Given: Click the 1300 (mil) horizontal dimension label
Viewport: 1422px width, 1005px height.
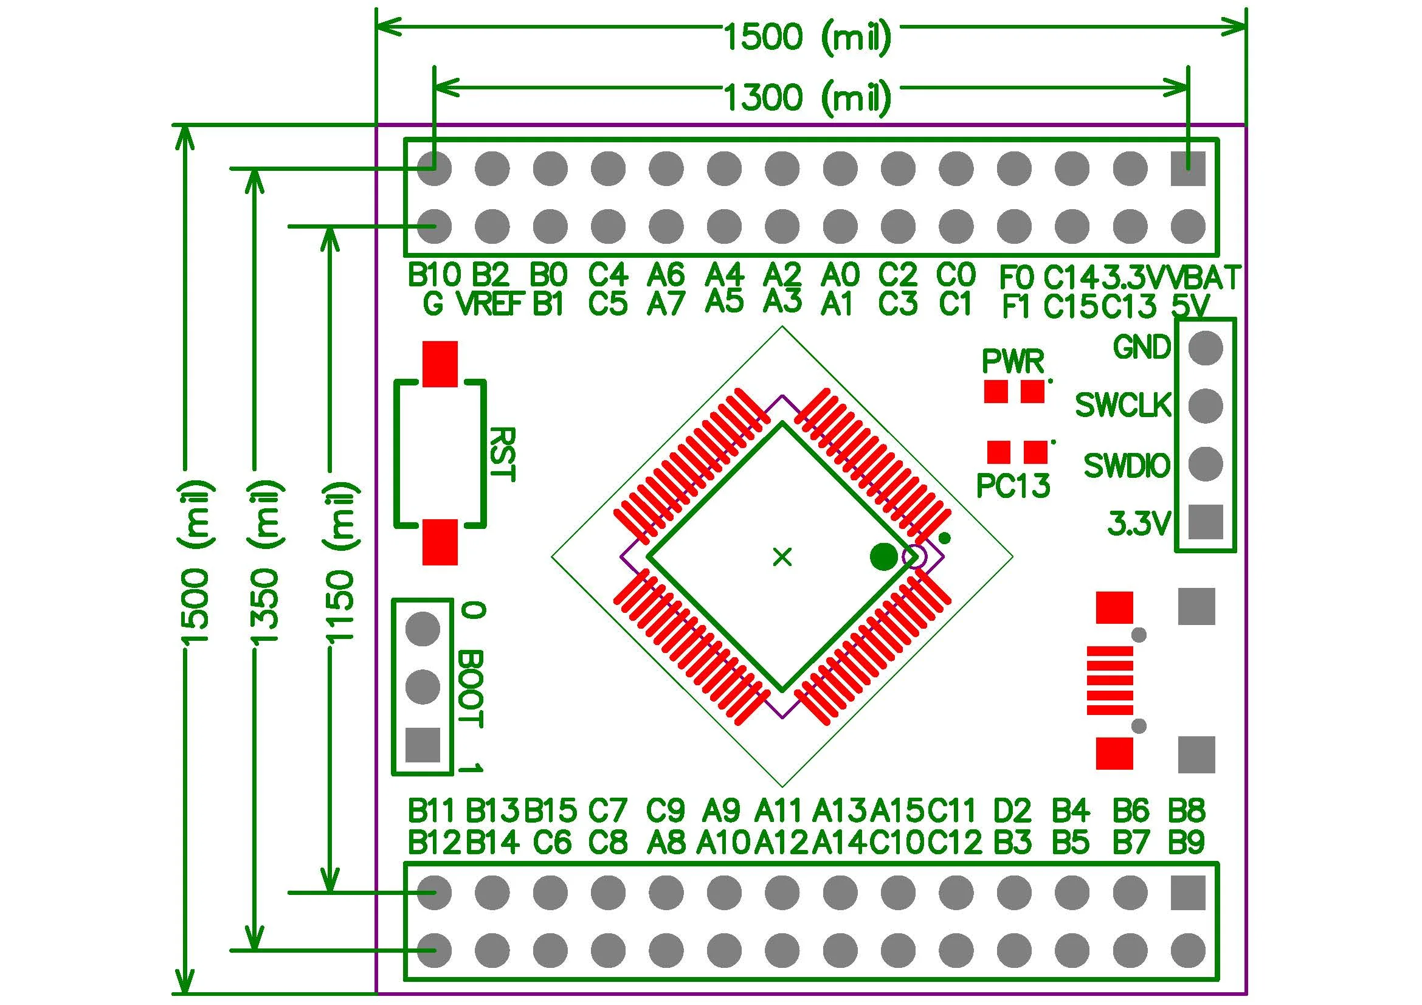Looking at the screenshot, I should point(807,98).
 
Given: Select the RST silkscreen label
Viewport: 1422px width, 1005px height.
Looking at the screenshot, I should point(501,454).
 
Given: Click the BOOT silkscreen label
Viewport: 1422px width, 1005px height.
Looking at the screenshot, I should point(471,689).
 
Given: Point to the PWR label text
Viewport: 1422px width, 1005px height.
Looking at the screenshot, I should point(1013,361).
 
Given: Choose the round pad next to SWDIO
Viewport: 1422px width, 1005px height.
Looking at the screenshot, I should point(1205,464).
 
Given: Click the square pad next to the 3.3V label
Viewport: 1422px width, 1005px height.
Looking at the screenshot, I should point(1205,522).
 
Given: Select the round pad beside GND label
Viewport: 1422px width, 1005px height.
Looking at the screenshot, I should point(1205,347).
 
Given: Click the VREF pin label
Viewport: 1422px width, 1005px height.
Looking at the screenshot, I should point(491,304).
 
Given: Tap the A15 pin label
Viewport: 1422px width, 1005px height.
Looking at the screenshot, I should point(897,809).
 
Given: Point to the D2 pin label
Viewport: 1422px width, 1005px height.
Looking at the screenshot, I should point(1013,809).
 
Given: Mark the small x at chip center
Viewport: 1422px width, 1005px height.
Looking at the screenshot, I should point(783,558).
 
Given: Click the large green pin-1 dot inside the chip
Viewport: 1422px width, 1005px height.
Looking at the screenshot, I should point(883,556).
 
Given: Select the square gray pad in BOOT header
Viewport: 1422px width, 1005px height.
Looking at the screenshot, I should point(423,744).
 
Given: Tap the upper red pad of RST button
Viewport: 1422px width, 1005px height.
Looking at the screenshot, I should point(440,364).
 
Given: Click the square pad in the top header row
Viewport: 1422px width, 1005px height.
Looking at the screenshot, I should point(1188,168).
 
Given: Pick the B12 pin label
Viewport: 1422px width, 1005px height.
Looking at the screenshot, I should point(434,842).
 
